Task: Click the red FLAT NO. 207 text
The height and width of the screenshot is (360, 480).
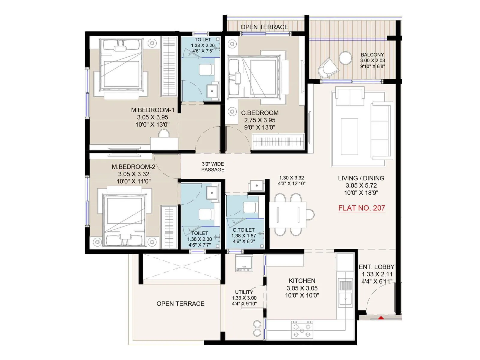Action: [x=361, y=208]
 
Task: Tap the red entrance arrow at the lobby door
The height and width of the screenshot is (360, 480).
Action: [x=381, y=317]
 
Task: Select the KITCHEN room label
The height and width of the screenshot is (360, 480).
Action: [x=302, y=281]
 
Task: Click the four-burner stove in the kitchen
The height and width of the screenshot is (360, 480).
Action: [x=302, y=330]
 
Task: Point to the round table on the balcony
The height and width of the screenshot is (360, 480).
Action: [x=346, y=58]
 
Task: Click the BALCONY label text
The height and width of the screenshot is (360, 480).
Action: [x=372, y=55]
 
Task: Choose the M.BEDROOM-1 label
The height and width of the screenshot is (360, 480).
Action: [x=152, y=110]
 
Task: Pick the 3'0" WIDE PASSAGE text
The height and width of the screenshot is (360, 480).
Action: [x=213, y=167]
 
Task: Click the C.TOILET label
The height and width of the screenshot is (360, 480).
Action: [x=244, y=230]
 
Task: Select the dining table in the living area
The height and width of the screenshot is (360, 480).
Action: [x=287, y=215]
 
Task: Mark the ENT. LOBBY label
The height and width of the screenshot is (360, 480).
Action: [x=376, y=267]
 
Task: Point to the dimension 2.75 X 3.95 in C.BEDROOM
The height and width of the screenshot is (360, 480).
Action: [x=259, y=120]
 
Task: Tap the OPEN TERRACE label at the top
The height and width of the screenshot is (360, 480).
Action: [x=264, y=27]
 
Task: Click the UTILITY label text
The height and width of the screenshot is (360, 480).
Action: [x=244, y=292]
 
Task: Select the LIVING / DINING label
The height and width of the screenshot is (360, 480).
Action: [x=361, y=178]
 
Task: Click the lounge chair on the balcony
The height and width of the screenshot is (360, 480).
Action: [x=328, y=67]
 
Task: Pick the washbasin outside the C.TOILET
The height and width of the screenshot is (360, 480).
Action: [x=256, y=186]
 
